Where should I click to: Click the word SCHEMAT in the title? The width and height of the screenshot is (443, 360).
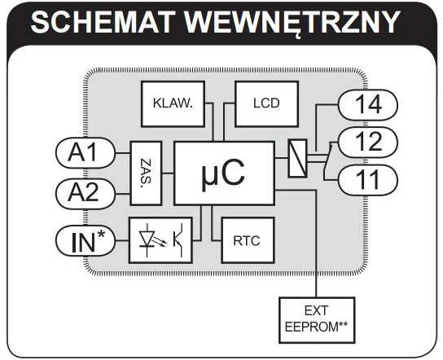(x=101, y=22)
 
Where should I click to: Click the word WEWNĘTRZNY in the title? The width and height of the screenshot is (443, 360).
(x=292, y=23)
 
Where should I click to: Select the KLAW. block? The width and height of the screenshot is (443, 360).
(x=173, y=104)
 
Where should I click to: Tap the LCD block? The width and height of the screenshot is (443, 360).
(x=266, y=104)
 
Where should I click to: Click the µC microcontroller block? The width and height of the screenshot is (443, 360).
(x=224, y=173)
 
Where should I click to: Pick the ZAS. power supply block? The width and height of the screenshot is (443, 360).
(x=146, y=173)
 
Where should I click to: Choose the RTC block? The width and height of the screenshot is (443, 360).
(x=248, y=240)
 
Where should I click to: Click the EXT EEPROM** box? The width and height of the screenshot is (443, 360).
(x=317, y=320)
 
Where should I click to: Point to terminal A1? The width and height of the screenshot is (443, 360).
(x=86, y=153)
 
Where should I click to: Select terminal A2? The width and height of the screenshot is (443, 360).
(x=86, y=194)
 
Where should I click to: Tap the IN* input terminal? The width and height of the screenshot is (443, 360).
(x=86, y=241)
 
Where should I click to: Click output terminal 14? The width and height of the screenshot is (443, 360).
(x=368, y=104)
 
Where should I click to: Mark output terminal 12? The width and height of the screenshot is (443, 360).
(x=368, y=142)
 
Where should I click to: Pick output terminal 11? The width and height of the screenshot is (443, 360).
(x=368, y=180)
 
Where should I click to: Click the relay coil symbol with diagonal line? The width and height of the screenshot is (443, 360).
(x=298, y=158)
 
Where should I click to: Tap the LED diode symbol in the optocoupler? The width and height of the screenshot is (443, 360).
(x=147, y=239)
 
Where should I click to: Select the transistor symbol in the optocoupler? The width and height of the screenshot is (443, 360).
(x=178, y=240)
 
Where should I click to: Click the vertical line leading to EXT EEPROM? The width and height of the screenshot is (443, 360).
(x=317, y=244)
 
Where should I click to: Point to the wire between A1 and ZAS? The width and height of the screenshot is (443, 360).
(x=123, y=153)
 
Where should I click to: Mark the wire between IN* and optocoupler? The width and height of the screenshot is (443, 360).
(x=122, y=241)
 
